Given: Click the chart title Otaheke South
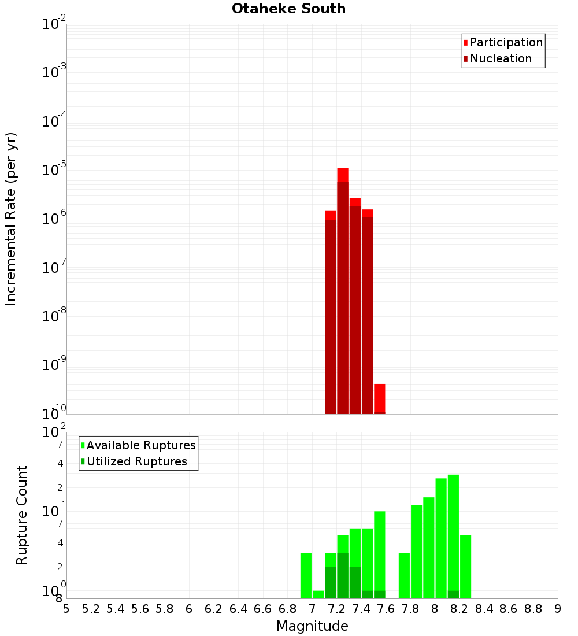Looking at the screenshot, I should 288,9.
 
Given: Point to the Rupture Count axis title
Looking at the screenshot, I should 22,515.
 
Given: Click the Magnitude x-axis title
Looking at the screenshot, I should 312,626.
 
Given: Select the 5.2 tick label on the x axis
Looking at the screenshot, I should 91,609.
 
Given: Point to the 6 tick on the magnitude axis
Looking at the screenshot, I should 189,609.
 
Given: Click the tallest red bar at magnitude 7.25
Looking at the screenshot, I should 343,289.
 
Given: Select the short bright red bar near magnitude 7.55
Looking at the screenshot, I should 380,398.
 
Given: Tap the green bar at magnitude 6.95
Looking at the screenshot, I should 306,575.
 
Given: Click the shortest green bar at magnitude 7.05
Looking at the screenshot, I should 318,594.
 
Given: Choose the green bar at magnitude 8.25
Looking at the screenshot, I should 465,567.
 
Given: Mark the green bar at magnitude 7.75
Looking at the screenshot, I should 404,575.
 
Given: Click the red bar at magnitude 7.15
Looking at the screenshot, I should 331,312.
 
